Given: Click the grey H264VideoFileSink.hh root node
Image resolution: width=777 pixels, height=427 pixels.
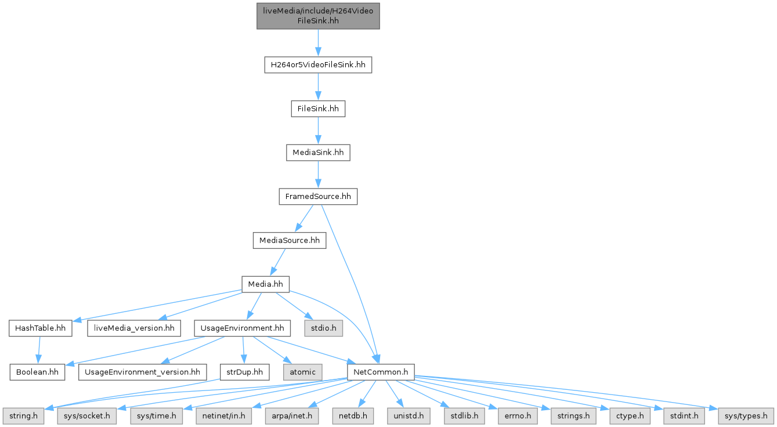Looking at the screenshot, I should pyautogui.click(x=318, y=16).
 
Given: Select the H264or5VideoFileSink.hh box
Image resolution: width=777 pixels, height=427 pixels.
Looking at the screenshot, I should pyautogui.click(x=318, y=64).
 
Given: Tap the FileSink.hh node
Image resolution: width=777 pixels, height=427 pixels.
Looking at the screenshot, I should pyautogui.click(x=318, y=108).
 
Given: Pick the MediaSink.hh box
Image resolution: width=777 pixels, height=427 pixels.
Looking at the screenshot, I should pyautogui.click(x=318, y=153).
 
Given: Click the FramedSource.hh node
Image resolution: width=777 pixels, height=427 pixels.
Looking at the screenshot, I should pyautogui.click(x=318, y=197).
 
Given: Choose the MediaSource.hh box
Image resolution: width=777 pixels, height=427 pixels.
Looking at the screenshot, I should pyautogui.click(x=289, y=240).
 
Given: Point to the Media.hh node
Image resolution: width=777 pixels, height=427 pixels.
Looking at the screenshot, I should pyautogui.click(x=265, y=284).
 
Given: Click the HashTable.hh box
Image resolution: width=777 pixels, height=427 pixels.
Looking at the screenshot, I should pyautogui.click(x=40, y=328).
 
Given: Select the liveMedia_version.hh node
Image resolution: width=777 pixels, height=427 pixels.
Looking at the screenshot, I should pyautogui.click(x=133, y=328).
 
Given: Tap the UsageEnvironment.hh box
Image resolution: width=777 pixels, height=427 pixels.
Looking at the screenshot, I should pyautogui.click(x=242, y=328).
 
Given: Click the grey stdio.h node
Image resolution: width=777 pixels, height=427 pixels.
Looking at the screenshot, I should pyautogui.click(x=323, y=328).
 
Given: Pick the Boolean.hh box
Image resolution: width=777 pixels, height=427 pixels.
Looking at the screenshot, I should pyautogui.click(x=37, y=371).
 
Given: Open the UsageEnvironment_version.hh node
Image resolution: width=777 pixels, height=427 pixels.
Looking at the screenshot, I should pyautogui.click(x=142, y=371).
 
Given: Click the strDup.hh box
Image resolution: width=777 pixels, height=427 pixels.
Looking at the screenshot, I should pyautogui.click(x=244, y=371).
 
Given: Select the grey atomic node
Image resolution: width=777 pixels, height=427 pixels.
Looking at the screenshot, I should pyautogui.click(x=302, y=371).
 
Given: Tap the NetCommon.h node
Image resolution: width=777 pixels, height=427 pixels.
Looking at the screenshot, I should pyautogui.click(x=380, y=371).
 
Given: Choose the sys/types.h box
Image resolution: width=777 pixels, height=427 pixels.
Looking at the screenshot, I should pyautogui.click(x=746, y=415).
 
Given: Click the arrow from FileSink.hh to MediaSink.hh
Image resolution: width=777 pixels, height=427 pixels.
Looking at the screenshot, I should pyautogui.click(x=318, y=131).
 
